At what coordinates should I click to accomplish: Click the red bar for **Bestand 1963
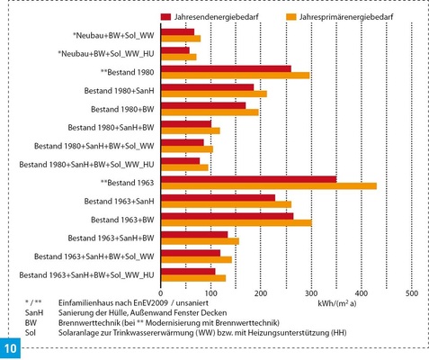pos(248,179)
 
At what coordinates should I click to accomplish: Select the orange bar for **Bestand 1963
pos(268,186)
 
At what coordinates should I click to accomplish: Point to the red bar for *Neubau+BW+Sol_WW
pos(177,31)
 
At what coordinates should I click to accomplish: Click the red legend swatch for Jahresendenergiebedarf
pos(166,16)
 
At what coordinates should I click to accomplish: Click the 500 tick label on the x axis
pos(411,292)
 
